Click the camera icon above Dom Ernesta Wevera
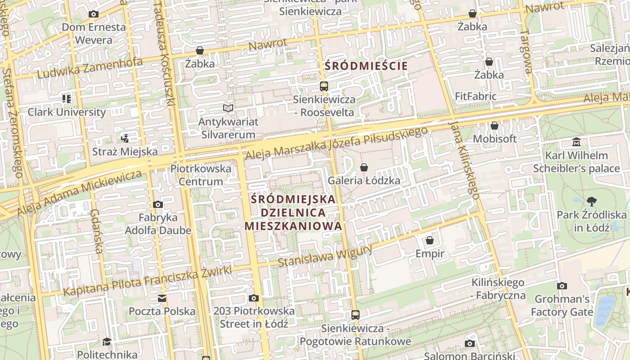coord(94,14)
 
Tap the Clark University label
coord(67,112)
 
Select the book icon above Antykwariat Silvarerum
coord(229,108)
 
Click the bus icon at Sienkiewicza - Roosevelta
coord(324,86)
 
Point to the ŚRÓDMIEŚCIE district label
coord(366,66)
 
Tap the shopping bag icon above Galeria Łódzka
coord(364,167)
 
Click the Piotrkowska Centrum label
coord(201,175)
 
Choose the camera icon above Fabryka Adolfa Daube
coord(157,205)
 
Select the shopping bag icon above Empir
coord(430,240)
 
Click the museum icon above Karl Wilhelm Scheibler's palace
coord(576,143)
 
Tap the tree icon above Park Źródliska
coord(591,201)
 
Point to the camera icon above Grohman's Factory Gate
coord(562,286)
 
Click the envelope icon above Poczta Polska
coord(162,298)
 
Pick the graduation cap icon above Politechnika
coord(107,342)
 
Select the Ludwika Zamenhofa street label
coord(90,68)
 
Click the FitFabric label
coord(476,96)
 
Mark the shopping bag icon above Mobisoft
coord(495,126)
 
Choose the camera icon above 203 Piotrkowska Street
coord(254,298)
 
